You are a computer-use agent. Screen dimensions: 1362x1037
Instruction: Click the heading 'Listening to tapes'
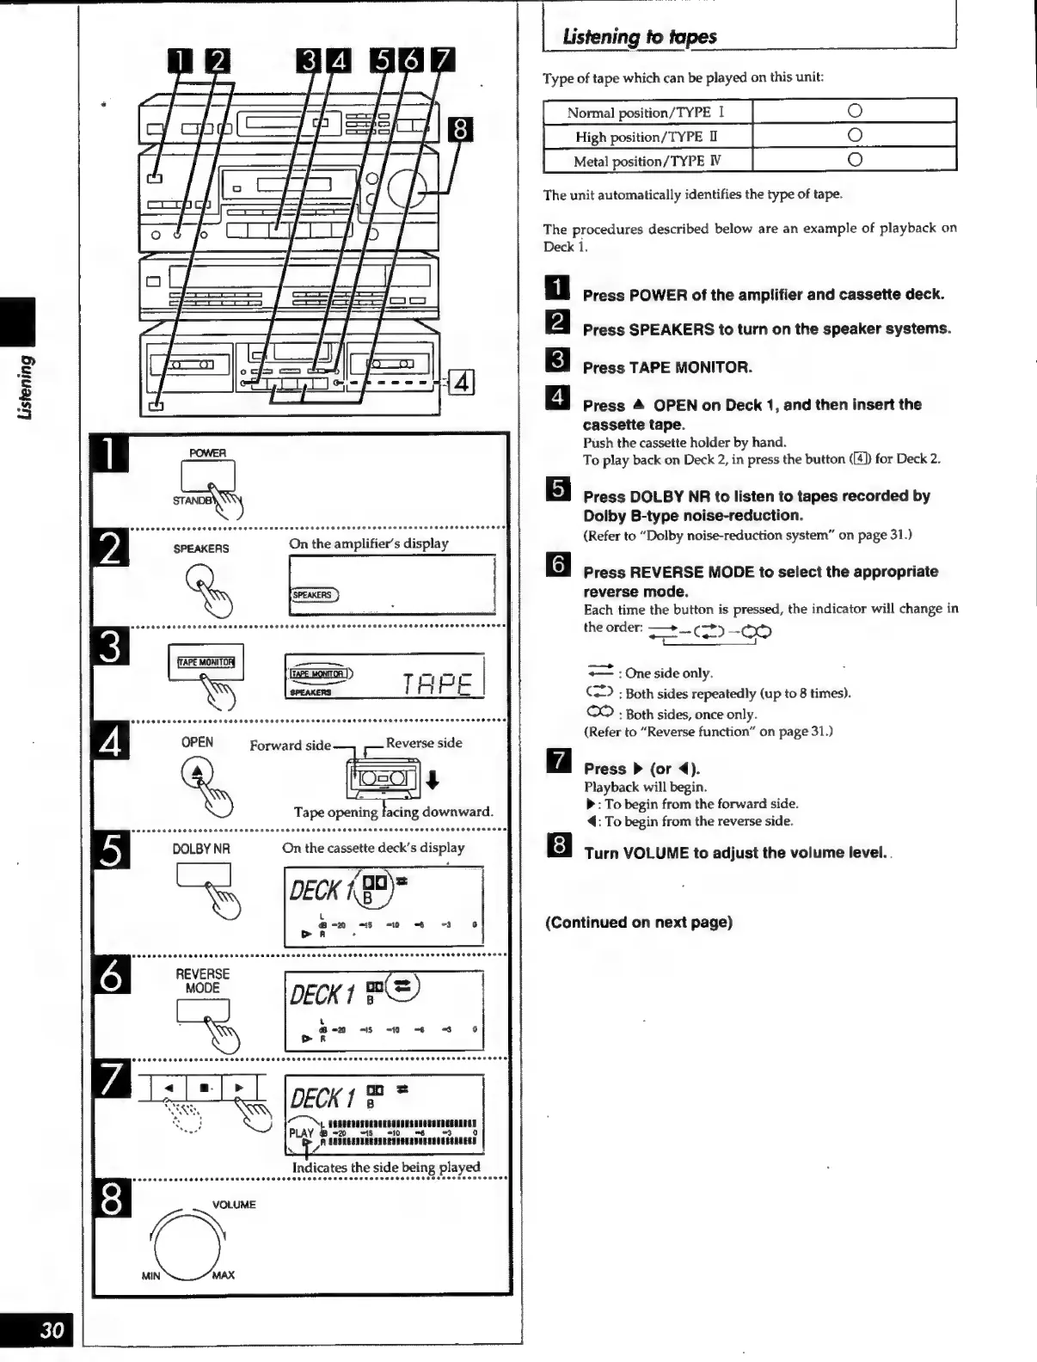(639, 37)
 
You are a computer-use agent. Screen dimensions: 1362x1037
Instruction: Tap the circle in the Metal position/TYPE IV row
(854, 160)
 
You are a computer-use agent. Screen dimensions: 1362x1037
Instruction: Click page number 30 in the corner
(52, 1329)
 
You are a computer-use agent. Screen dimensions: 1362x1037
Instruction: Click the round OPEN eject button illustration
(197, 773)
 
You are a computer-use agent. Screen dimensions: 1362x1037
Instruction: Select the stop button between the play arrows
(204, 1088)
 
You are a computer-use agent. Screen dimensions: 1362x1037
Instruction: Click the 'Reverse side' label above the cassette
(424, 743)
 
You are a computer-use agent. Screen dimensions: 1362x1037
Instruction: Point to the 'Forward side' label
(290, 745)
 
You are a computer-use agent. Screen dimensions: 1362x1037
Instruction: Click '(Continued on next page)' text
(639, 923)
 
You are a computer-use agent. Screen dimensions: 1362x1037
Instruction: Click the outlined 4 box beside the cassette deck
(461, 382)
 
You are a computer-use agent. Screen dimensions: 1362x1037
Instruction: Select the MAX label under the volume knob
(223, 1275)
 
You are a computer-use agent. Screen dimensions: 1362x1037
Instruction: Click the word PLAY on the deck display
(301, 1132)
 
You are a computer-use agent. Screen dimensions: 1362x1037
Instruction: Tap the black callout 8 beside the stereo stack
(461, 129)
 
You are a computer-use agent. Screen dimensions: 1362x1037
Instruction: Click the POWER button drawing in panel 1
(207, 475)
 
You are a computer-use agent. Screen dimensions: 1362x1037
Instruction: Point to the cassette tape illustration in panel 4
(383, 779)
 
